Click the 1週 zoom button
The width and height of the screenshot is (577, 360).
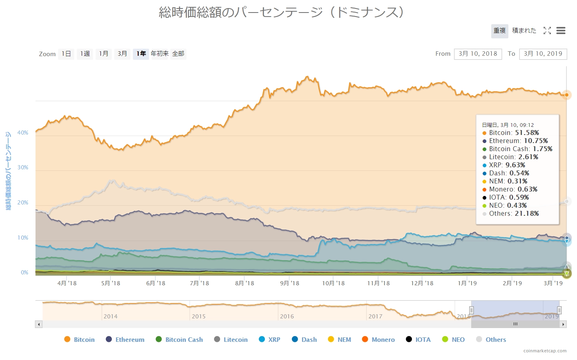coord(85,54)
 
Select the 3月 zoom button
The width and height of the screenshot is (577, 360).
coord(122,54)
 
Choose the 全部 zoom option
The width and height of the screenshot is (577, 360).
coord(178,54)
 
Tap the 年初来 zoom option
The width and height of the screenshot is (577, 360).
coord(159,54)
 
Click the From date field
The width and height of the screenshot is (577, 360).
coord(478,54)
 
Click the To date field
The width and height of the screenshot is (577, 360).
coord(543,54)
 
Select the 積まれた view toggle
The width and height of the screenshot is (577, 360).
coord(524,31)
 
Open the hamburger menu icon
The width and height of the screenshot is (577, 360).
coord(560,31)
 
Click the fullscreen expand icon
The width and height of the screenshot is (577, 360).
coord(547,31)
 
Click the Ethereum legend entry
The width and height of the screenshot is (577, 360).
coord(125,339)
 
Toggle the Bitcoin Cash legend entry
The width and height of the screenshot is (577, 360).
coord(180,339)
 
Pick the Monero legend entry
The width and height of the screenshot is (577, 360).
coord(379,339)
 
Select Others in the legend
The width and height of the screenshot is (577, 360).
coord(491,339)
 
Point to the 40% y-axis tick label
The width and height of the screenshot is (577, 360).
coord(23,133)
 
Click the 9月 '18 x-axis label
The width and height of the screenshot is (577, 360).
coord(290,283)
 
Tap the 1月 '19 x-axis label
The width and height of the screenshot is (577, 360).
coord(467,283)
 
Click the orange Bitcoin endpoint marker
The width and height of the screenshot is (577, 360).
coord(567,95)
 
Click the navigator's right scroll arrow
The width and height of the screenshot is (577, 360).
coord(563,324)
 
